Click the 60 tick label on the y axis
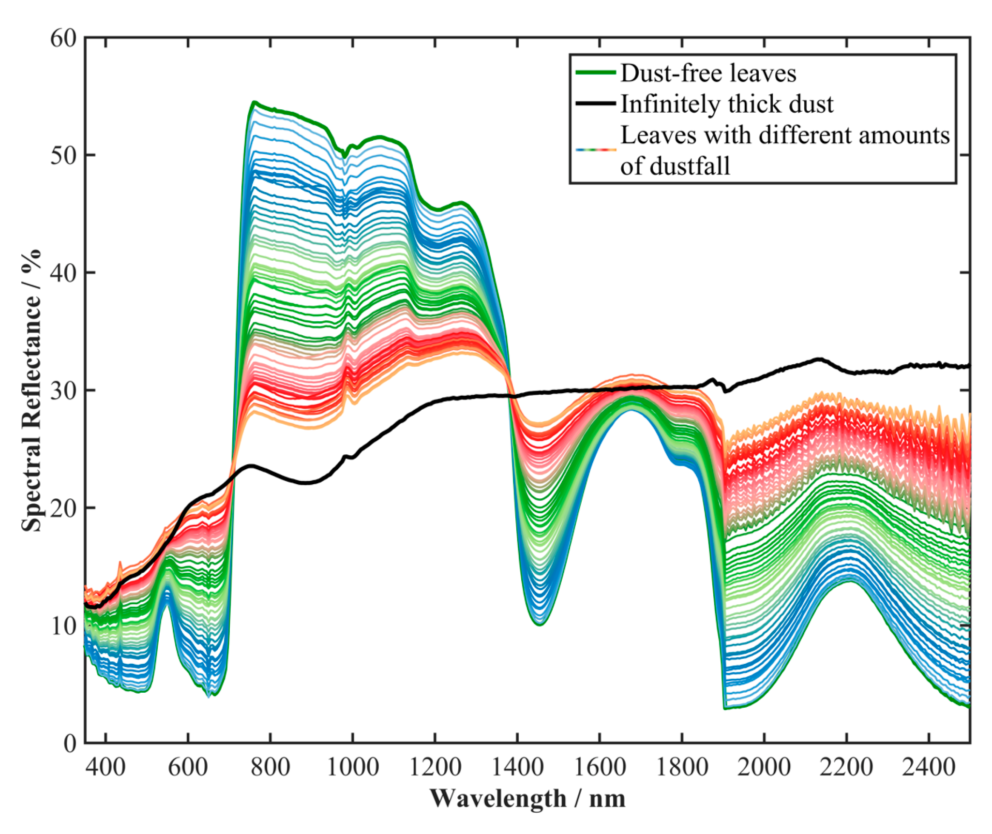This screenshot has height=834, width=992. coord(63,38)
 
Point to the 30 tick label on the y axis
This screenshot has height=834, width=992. coord(63,390)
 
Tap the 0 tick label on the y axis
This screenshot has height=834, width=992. coord(70,743)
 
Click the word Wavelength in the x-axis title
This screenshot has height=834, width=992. coord(498,799)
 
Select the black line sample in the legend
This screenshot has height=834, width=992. coord(596,103)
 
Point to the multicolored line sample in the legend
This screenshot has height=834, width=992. coord(596,150)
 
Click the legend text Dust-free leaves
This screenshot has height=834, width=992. coord(708,74)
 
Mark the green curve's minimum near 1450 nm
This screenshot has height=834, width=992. coord(540,625)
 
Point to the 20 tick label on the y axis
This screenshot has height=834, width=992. coord(63,508)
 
